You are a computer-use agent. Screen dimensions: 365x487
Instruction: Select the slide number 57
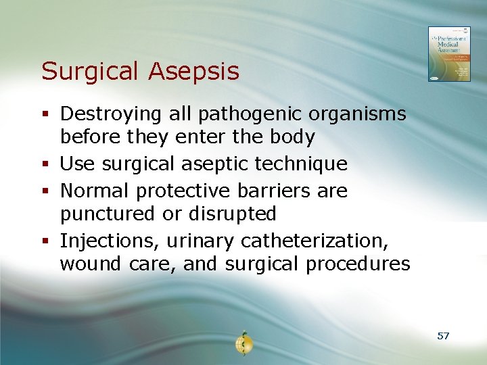pos(444,336)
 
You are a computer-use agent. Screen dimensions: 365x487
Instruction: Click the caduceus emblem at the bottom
pos(243,344)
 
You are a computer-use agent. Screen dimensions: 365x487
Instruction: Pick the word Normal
pos(95,191)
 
